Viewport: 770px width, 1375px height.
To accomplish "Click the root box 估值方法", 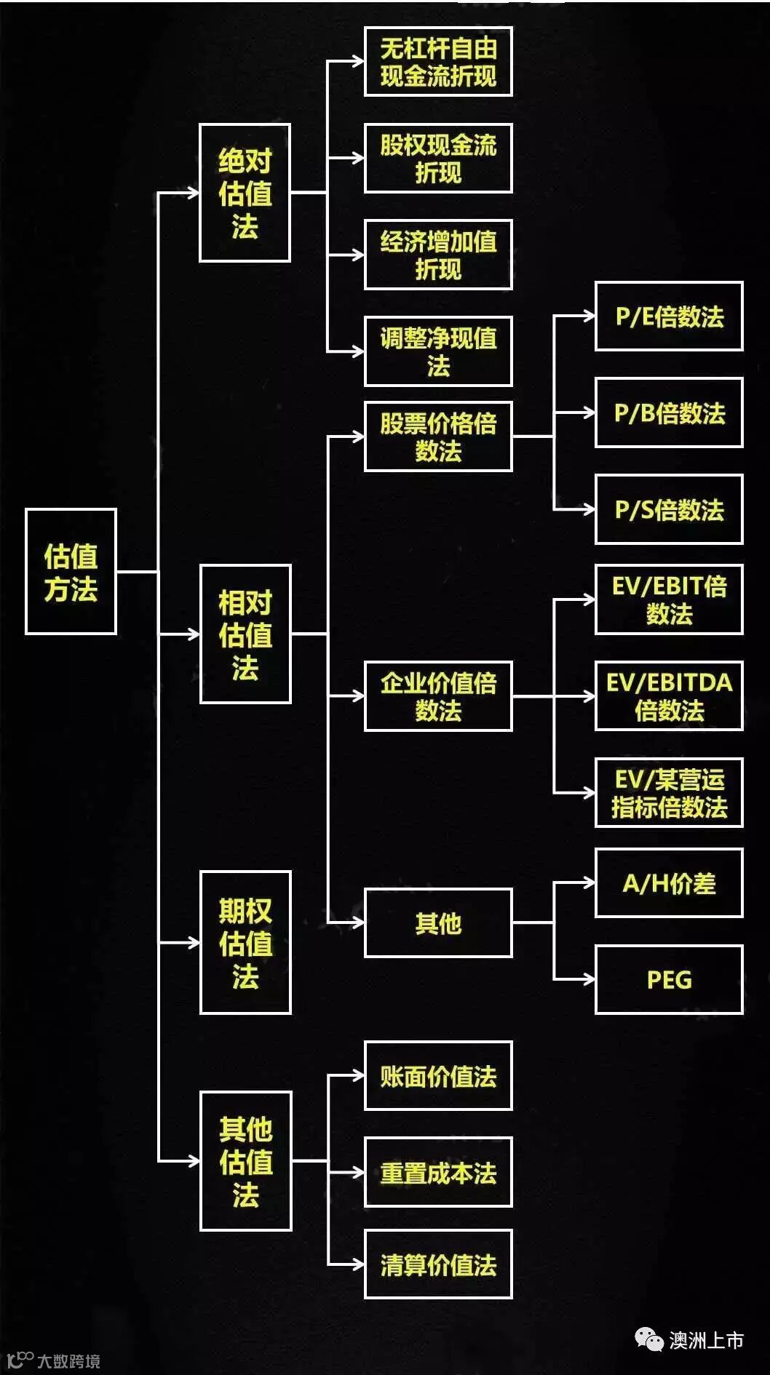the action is click(x=71, y=571).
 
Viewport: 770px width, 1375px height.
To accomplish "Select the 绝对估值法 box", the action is click(x=245, y=193).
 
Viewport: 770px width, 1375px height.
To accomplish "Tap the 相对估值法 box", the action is click(x=245, y=634).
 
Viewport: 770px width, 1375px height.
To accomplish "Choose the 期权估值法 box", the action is click(x=245, y=942).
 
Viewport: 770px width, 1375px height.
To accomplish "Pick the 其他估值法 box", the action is click(x=245, y=1161).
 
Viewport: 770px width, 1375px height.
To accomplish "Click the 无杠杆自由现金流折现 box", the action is click(x=438, y=62).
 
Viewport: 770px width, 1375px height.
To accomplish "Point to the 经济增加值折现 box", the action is click(x=438, y=255).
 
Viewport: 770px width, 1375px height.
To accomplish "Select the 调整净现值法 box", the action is click(x=438, y=351).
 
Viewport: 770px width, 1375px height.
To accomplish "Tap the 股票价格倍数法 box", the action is click(x=438, y=437).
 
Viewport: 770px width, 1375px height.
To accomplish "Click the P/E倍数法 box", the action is click(x=669, y=316).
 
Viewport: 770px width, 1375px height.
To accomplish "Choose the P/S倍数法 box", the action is click(x=669, y=509).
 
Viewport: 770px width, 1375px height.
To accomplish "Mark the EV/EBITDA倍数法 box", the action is click(x=669, y=696).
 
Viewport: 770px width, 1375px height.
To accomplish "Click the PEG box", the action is click(x=669, y=979).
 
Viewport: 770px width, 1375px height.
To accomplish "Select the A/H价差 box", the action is click(x=669, y=883).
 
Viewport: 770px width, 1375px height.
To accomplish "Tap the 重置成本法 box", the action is click(x=438, y=1172).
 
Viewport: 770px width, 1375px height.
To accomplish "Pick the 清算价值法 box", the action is click(x=438, y=1264).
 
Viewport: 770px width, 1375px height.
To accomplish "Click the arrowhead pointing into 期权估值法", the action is click(x=194, y=942).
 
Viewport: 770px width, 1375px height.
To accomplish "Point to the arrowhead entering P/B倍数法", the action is click(x=589, y=412).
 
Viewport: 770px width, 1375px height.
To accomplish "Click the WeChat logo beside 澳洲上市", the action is click(x=648, y=1339).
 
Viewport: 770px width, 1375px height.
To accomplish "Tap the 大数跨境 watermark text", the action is click(x=68, y=1360).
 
